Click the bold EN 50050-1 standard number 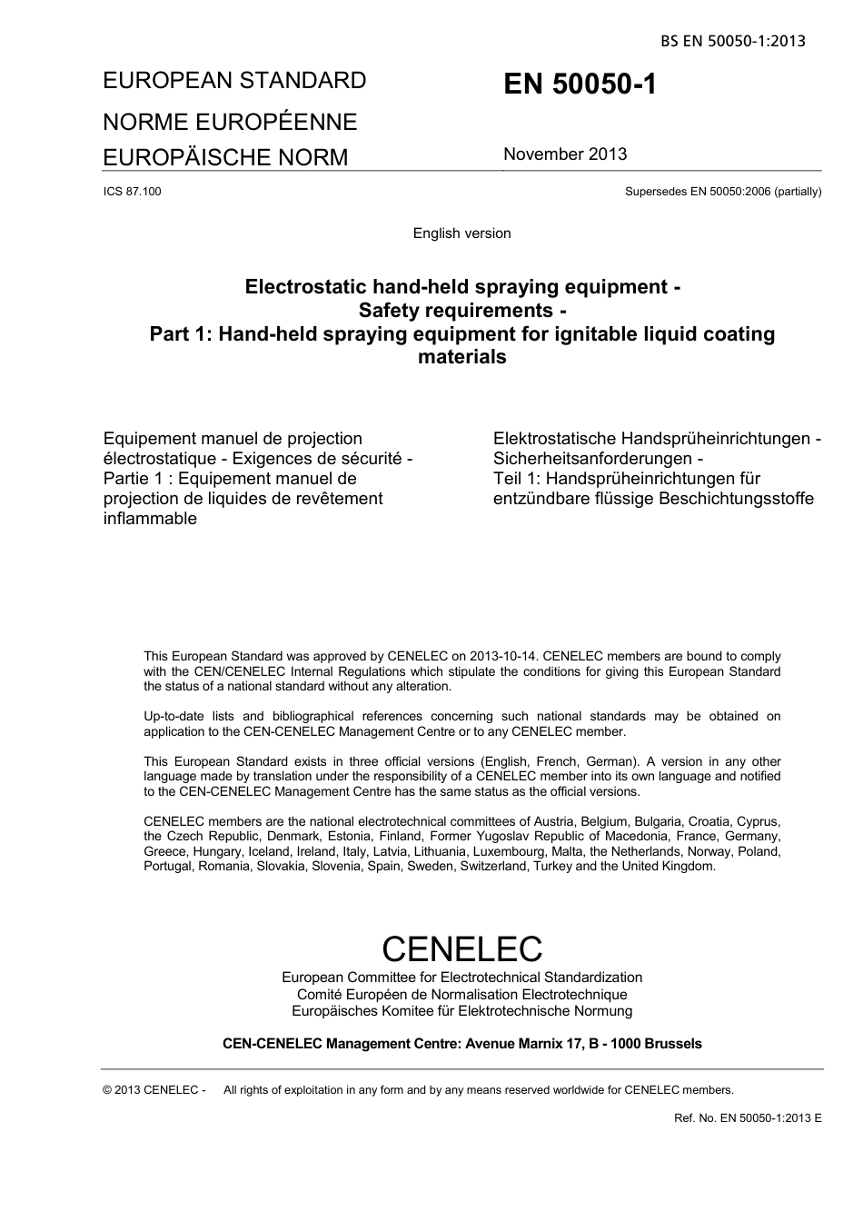click(580, 84)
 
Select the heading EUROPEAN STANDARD click(234, 81)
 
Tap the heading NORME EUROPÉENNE click(230, 122)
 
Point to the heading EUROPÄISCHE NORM click(225, 157)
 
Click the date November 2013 click(565, 154)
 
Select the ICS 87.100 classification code click(133, 192)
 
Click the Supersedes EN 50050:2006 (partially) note click(723, 192)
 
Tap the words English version click(461, 233)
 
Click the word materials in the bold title click(461, 357)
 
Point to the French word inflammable click(150, 519)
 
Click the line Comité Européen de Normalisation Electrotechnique click(461, 994)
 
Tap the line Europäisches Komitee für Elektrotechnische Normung click(461, 1010)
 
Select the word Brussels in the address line click(672, 1044)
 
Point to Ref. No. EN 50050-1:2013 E click(748, 1117)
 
